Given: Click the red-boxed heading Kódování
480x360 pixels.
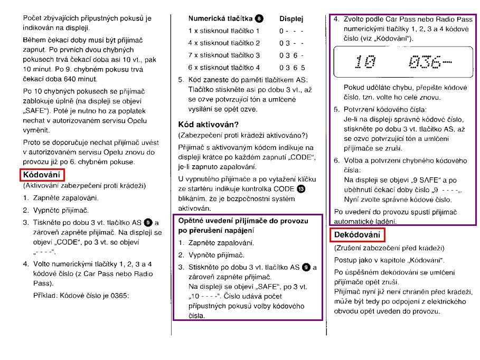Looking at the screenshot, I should pyautogui.click(x=42, y=175).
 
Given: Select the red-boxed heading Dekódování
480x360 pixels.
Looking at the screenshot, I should pyautogui.click(x=358, y=234).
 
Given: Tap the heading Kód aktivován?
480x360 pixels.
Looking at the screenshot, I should pyautogui.click(x=208, y=125).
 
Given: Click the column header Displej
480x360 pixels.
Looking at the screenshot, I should pyautogui.click(x=291, y=19).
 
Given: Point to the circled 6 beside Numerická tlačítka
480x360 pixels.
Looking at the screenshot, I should pyautogui.click(x=259, y=18).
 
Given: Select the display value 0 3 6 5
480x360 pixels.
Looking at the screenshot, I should pyautogui.click(x=292, y=68).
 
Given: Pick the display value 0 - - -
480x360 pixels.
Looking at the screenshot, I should pyautogui.click(x=291, y=31).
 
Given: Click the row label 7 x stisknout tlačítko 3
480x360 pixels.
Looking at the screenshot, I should pyautogui.click(x=224, y=55).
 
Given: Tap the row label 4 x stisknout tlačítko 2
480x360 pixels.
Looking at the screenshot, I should pyautogui.click(x=224, y=43).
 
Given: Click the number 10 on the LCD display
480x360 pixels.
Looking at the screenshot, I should pyautogui.click(x=365, y=63).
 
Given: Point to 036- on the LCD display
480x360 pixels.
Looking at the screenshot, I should pyautogui.click(x=430, y=63).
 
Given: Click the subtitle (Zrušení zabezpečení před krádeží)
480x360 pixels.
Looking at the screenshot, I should pyautogui.click(x=389, y=248).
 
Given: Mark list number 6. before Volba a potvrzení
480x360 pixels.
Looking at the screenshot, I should pyautogui.click(x=336, y=160).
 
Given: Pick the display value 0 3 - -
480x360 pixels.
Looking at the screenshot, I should pyautogui.click(x=291, y=43).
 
